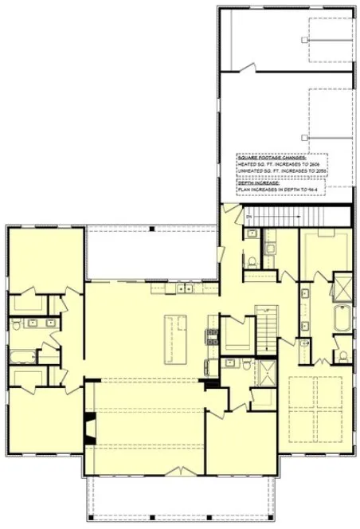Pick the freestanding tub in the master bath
342,319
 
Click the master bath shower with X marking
342,284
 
